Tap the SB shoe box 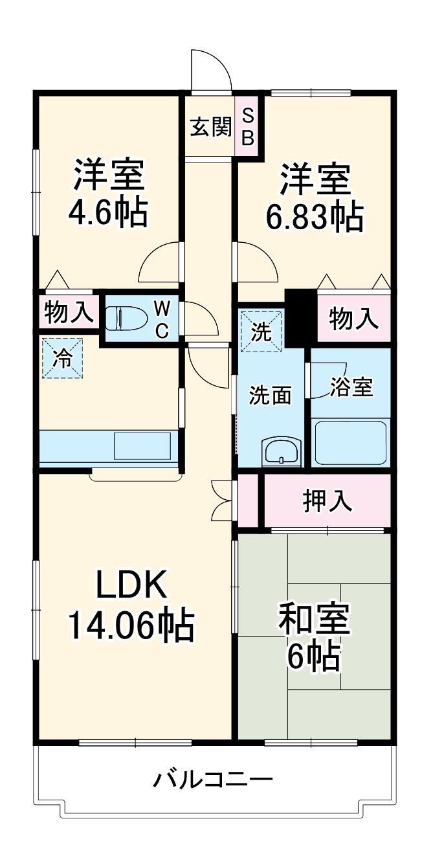(x=248, y=127)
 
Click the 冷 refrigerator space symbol (x=63, y=357)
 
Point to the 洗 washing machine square (x=261, y=331)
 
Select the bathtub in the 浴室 (x=350, y=442)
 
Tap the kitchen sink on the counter (x=142, y=445)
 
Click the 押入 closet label (x=328, y=501)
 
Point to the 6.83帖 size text (x=314, y=218)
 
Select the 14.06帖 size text (x=131, y=625)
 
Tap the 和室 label (x=314, y=620)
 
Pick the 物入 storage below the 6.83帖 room (x=353, y=318)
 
